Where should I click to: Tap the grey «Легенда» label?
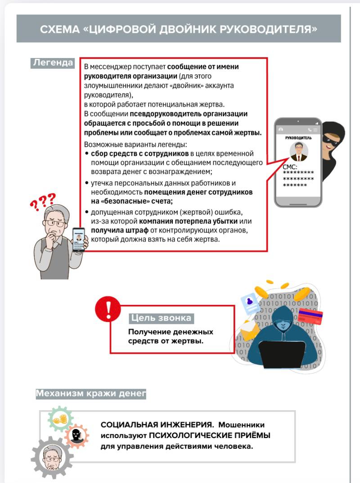[x=53, y=63]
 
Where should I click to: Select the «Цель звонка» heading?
[x=161, y=318]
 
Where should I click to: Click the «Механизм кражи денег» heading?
[x=91, y=394]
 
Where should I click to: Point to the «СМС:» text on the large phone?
[x=290, y=167]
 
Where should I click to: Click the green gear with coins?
[x=60, y=420]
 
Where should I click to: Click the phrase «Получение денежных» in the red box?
[x=171, y=332]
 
